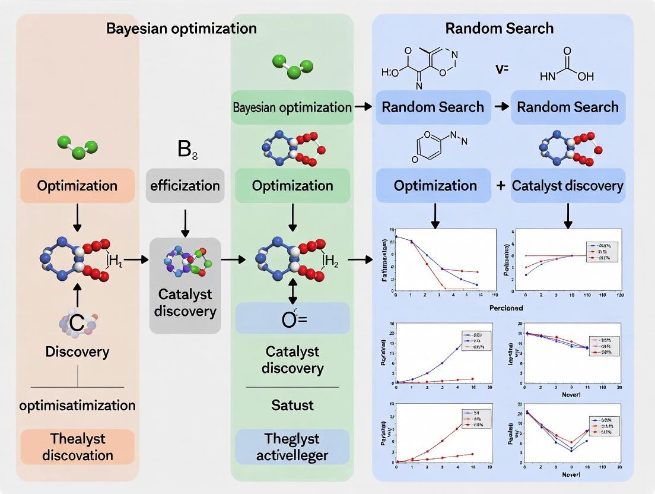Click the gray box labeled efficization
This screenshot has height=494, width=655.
tap(185, 186)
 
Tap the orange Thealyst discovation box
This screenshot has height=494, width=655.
tap(78, 446)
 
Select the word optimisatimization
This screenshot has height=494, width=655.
tap(78, 406)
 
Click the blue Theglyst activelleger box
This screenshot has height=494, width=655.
tap(292, 446)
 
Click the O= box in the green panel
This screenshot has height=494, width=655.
tap(292, 318)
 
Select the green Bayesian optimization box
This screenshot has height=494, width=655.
tap(292, 107)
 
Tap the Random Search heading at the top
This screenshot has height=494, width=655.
tap(500, 28)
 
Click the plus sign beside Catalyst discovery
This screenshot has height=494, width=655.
tap(501, 186)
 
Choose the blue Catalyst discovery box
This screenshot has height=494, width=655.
tap(568, 186)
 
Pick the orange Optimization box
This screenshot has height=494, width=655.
tap(78, 186)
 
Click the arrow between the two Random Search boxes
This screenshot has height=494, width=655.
tap(501, 107)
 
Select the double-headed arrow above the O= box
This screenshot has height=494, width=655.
tap(292, 291)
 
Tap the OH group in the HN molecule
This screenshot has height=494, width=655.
tap(585, 77)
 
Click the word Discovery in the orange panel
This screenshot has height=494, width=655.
tap(78, 351)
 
